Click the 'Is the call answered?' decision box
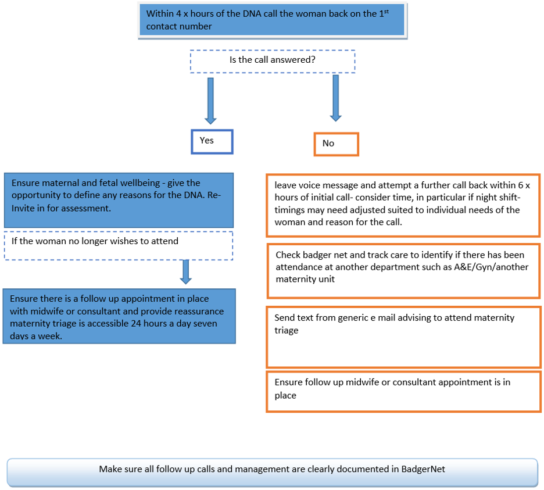click(273, 61)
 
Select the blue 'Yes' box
click(212, 141)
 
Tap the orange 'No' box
click(336, 144)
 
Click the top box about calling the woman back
click(273, 20)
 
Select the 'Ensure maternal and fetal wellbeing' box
click(119, 199)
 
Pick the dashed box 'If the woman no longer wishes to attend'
click(119, 245)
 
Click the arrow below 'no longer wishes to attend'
click(186, 271)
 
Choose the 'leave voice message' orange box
click(403, 205)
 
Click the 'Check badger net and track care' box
click(403, 270)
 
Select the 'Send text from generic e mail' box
click(403, 337)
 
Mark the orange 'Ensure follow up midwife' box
click(403, 391)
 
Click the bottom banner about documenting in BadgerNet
click(272, 470)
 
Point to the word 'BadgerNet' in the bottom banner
click(423, 469)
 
